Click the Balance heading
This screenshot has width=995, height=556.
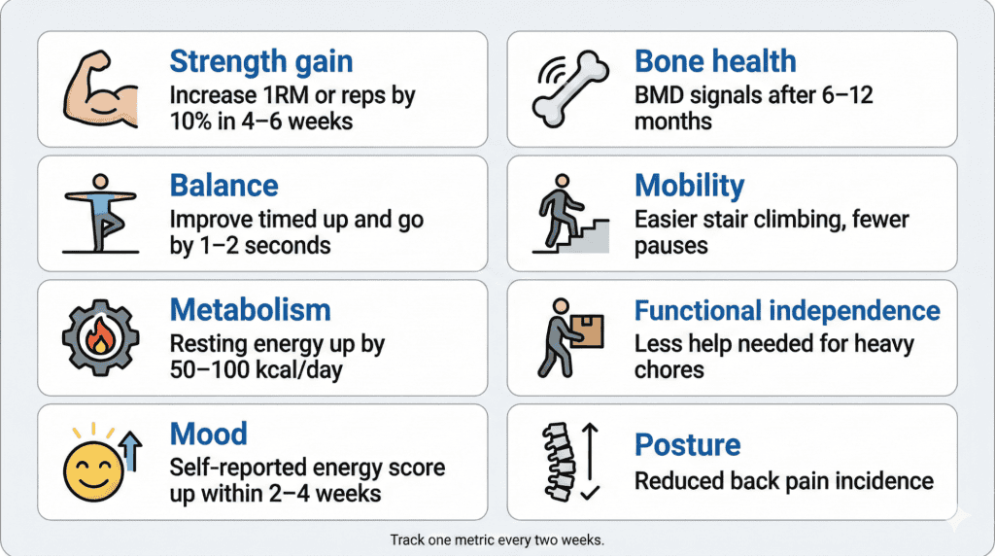point(223,186)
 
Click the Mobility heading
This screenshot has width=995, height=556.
point(689,186)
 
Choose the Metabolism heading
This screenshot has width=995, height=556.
point(250,310)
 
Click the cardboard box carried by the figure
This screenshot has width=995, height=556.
point(585,330)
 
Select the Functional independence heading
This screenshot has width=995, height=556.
point(787,310)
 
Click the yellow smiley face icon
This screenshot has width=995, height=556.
point(90,469)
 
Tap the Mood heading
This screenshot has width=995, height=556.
point(208,434)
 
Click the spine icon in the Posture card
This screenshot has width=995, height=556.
point(555,462)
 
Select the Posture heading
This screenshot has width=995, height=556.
point(687,445)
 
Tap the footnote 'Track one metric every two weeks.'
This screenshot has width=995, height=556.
point(497,539)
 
